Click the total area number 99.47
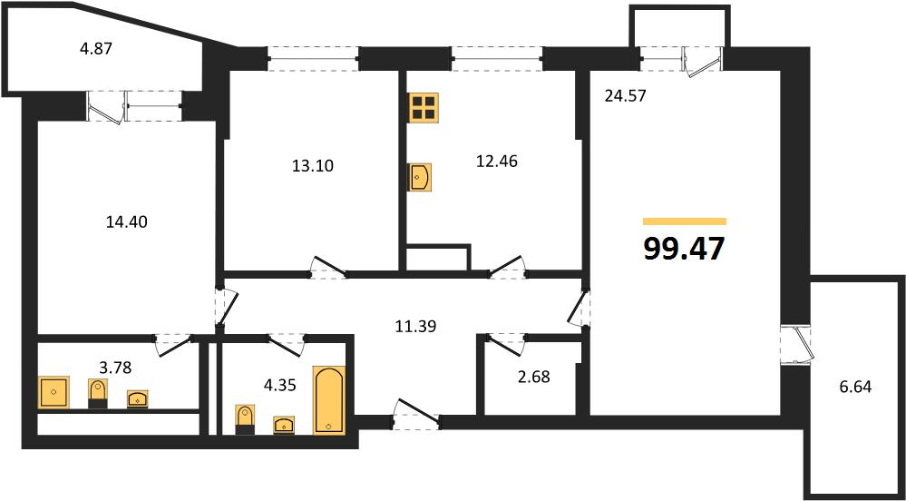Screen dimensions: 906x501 click(684, 250)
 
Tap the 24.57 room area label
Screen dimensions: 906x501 click(625, 96)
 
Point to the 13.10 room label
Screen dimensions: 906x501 click(313, 166)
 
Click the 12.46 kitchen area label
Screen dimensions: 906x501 click(497, 162)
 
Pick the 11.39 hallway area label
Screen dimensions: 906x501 click(415, 327)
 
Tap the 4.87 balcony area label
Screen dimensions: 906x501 click(94, 48)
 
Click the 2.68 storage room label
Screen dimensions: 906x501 click(534, 378)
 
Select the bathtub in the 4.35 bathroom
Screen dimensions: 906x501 click(329, 399)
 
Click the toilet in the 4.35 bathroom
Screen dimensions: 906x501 click(245, 419)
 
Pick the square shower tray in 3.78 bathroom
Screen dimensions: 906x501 click(54, 392)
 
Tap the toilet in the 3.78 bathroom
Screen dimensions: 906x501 click(98, 394)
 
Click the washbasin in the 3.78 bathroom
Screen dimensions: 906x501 click(138, 398)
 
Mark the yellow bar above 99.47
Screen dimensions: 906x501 click(685, 221)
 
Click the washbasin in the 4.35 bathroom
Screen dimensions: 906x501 click(284, 425)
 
